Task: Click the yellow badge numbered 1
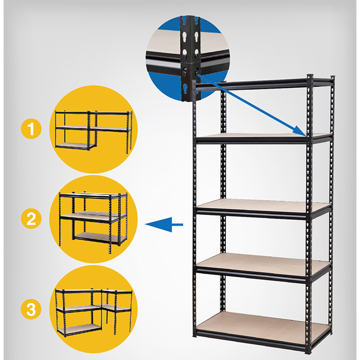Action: (31, 129)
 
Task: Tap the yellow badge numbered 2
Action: (31, 219)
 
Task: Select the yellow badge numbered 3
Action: (31, 309)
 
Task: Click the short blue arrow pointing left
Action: (164, 224)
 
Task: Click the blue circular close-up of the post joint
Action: (188, 59)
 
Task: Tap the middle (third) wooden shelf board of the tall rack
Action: (263, 206)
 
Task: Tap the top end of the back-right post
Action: (332, 77)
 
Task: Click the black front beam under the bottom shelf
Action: (251, 340)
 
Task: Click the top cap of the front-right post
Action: (310, 76)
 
